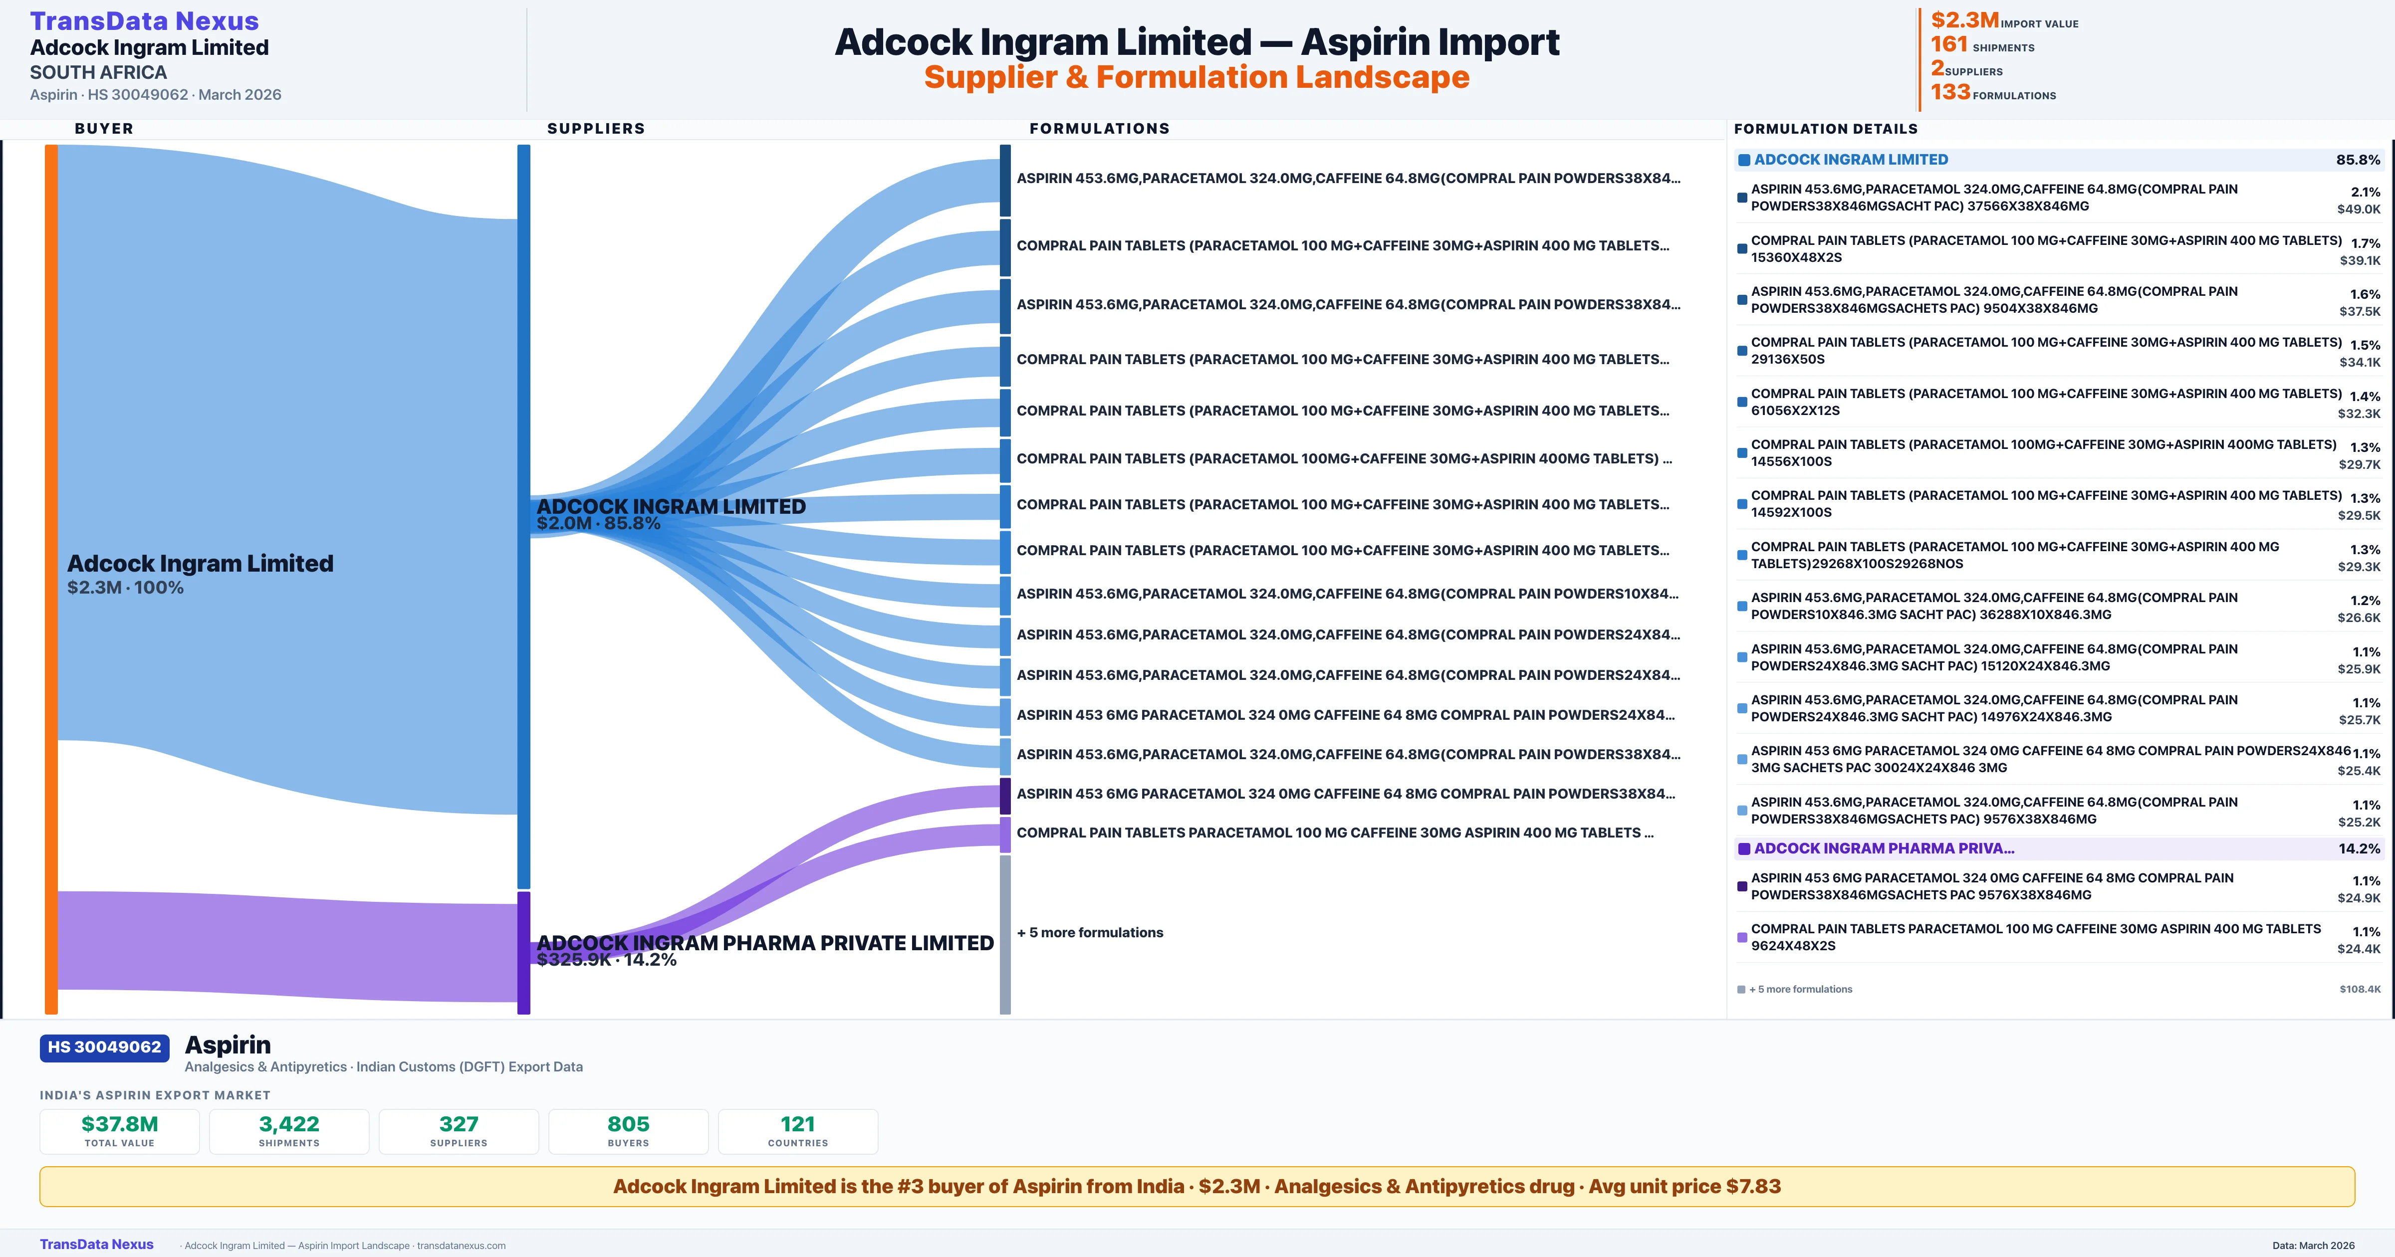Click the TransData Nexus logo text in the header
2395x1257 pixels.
point(144,20)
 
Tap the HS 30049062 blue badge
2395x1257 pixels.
point(104,1048)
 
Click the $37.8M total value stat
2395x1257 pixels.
point(120,1124)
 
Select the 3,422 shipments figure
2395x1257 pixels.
point(289,1124)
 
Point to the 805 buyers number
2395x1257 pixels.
point(629,1124)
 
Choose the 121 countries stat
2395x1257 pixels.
point(798,1124)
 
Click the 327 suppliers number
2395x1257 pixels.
point(459,1124)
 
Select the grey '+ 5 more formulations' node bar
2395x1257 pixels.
point(1005,934)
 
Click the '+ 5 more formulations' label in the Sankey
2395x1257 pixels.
point(1090,932)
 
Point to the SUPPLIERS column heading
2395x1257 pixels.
point(596,128)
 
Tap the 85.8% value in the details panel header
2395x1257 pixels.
point(2358,160)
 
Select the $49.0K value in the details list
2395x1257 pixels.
point(2359,209)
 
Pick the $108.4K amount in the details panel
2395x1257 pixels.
point(2360,989)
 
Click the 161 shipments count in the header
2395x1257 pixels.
point(1949,44)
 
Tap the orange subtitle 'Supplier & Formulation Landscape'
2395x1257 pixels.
point(1197,77)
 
